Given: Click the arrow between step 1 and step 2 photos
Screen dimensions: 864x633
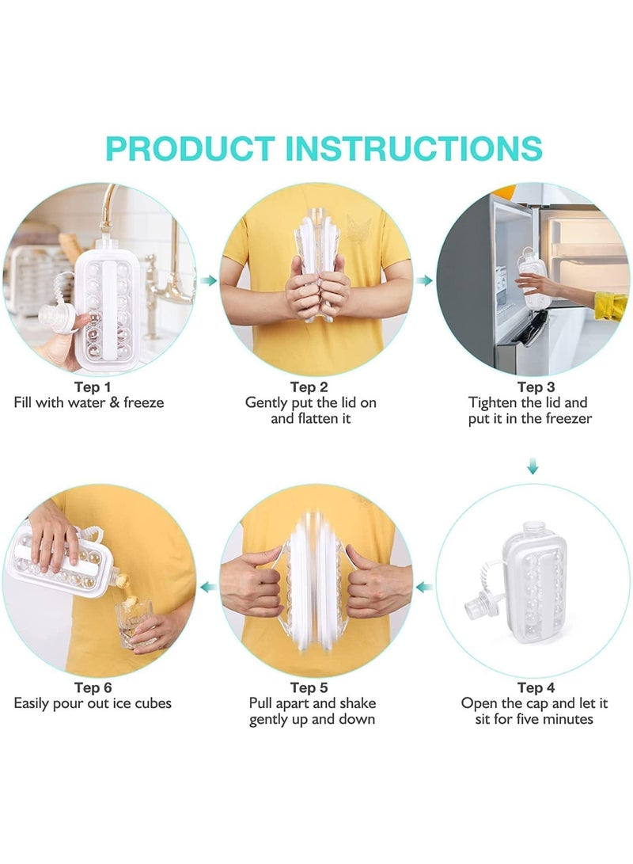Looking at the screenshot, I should tap(208, 280).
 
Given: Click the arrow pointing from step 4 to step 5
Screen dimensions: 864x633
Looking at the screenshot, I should tap(424, 587).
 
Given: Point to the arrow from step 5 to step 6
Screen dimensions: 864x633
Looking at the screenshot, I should tap(208, 587).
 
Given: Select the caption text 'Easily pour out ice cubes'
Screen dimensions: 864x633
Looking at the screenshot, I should tap(93, 703).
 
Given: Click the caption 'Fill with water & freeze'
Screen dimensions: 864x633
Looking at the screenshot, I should tap(89, 402).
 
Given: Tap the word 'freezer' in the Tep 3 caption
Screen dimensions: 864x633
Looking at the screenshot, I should tap(567, 418).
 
